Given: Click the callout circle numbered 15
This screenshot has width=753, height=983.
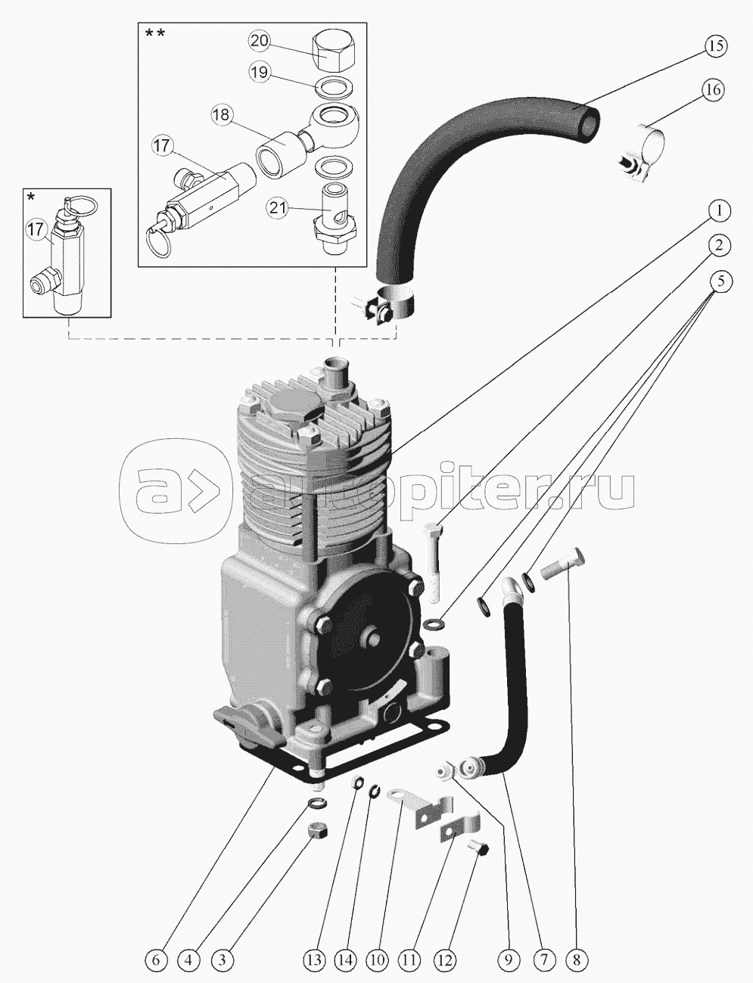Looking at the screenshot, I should [715, 45].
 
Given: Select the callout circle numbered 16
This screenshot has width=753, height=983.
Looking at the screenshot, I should [712, 90].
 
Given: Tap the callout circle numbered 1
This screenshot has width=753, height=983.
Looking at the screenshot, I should [719, 210].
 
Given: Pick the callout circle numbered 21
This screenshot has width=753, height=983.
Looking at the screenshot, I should [277, 209].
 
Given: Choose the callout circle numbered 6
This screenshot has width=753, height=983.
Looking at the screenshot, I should [157, 960].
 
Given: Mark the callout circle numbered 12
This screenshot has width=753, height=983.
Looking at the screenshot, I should [444, 960].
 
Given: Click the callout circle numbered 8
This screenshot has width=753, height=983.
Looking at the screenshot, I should [577, 960].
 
